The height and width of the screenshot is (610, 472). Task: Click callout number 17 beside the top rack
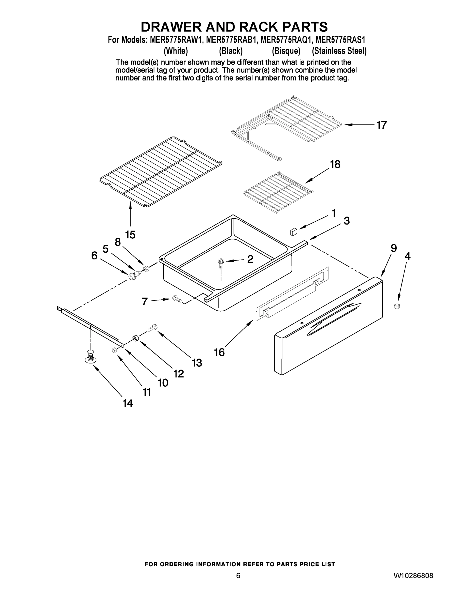tap(381, 125)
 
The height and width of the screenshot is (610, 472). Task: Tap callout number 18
tap(335, 164)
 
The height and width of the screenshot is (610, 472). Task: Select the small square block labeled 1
tap(294, 232)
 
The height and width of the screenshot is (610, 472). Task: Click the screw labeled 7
tap(177, 299)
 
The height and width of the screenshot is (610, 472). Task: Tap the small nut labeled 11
tap(114, 350)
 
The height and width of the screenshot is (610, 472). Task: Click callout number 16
tap(219, 352)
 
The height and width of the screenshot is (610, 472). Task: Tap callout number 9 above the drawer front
tap(393, 248)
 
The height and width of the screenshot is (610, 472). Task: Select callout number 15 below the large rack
tap(130, 235)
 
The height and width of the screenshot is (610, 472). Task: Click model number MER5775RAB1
tap(231, 40)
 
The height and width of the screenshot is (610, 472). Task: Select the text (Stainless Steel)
tap(339, 51)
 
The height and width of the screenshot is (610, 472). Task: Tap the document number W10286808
tap(413, 576)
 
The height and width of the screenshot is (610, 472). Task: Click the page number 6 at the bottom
tap(238, 576)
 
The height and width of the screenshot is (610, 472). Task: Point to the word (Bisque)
tap(286, 51)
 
